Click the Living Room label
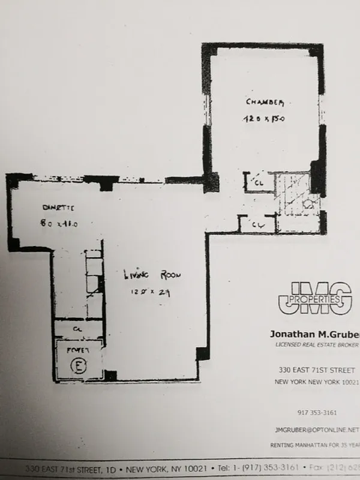tap(152, 275)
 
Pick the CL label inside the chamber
tap(259, 182)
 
